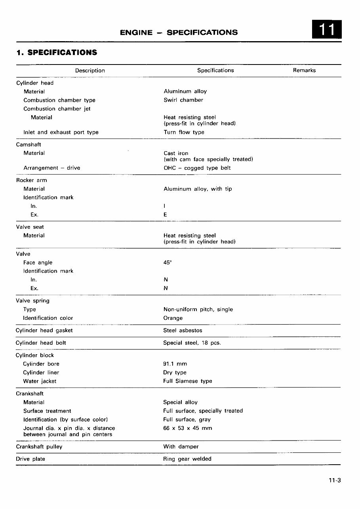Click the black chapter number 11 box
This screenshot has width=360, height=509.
327,30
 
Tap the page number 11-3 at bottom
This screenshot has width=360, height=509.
334,481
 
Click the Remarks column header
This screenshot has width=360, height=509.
304,70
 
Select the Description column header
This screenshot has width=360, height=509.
90,70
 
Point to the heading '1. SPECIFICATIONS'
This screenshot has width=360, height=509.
57,52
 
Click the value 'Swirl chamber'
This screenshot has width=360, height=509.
183,100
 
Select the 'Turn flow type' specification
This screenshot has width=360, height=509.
184,132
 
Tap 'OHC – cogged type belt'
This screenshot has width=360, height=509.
197,168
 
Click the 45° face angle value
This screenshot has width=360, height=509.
167,262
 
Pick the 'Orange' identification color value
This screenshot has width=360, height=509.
173,318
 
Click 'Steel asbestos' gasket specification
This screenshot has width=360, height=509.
183,330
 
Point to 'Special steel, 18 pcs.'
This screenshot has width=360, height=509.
192,343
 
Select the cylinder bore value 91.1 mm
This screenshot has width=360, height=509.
175,364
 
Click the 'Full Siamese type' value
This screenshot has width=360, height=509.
187,381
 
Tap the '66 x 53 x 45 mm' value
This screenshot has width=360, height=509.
187,428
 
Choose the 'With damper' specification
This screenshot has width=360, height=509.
181,446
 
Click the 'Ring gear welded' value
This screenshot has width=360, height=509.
187,459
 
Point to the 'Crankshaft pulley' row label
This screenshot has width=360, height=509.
39,446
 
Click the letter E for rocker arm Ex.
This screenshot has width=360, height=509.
165,215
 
